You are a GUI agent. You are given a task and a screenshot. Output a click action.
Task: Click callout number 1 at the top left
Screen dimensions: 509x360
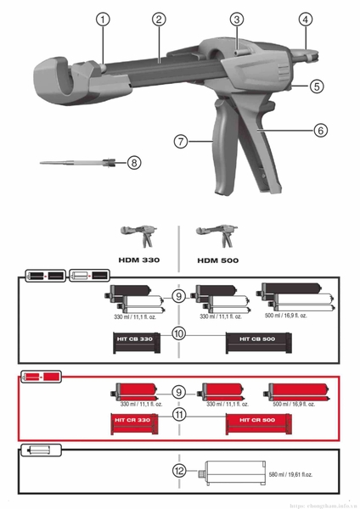click(104, 19)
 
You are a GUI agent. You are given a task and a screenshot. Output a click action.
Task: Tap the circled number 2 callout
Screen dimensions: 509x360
click(158, 19)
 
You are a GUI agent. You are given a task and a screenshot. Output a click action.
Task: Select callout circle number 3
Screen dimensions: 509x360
click(237, 19)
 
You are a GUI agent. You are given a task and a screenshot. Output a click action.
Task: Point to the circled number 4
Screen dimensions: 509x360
click(305, 19)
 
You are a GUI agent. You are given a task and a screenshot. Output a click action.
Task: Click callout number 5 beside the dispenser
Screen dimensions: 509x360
click(316, 86)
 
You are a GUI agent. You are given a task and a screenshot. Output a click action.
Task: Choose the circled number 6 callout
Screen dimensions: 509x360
click(320, 131)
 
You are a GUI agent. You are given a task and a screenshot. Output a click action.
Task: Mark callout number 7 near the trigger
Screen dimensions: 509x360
click(181, 141)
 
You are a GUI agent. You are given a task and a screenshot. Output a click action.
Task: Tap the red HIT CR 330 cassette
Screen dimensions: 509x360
click(132, 421)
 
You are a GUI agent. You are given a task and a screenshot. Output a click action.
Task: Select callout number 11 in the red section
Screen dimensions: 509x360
click(178, 415)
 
